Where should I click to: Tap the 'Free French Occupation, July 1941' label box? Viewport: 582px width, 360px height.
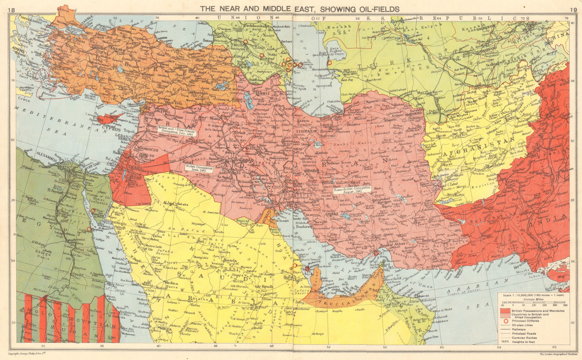178,131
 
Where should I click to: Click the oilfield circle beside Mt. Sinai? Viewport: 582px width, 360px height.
93,210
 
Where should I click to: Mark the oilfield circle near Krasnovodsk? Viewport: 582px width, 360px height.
330,63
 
